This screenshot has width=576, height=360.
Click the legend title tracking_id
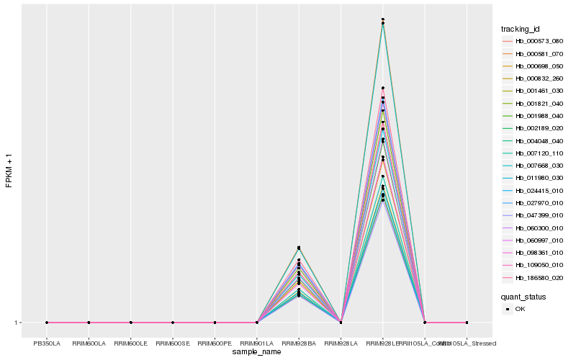click(x=521, y=29)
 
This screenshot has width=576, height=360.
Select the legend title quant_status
click(x=523, y=296)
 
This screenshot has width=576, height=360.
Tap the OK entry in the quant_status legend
click(x=520, y=309)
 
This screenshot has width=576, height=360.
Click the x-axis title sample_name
click(x=257, y=352)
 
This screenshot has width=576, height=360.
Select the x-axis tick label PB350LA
click(x=47, y=343)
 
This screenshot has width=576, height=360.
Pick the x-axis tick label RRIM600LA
click(x=89, y=343)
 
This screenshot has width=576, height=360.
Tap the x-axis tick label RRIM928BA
click(x=299, y=343)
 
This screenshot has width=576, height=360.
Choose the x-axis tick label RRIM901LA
click(x=257, y=343)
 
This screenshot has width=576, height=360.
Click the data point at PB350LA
click(x=47, y=323)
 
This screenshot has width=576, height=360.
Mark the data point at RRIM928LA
click(x=341, y=323)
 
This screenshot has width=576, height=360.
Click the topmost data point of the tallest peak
click(x=383, y=19)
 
